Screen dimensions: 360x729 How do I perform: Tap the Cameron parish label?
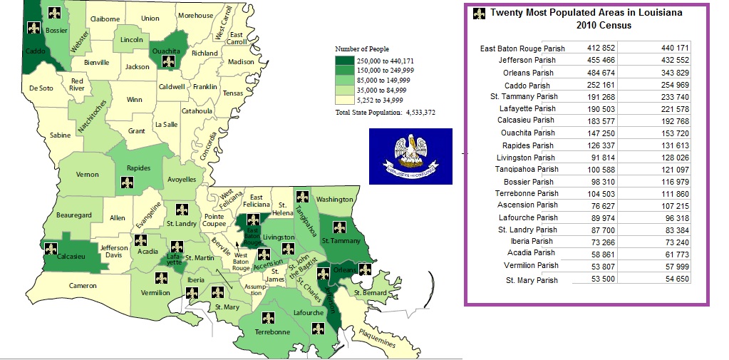(83, 285)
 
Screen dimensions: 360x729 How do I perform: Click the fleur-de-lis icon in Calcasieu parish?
(51, 249)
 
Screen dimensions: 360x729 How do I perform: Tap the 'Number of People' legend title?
(362, 49)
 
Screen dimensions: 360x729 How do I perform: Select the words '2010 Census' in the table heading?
(604, 26)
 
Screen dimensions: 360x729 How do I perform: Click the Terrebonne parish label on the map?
(272, 331)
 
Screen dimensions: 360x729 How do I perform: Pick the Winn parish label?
(135, 100)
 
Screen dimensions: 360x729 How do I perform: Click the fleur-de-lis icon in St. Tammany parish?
(340, 228)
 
